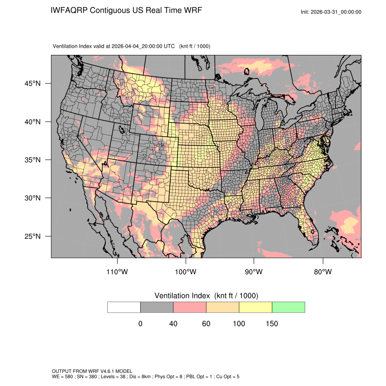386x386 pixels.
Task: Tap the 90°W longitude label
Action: [254, 272]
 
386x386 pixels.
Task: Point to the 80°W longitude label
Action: [322, 272]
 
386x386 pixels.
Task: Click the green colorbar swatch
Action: [288, 307]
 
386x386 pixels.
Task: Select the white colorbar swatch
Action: [124, 307]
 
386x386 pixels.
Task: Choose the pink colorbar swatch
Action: [190, 307]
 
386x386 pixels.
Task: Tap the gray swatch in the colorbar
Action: [157, 307]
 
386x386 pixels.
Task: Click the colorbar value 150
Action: [272, 324]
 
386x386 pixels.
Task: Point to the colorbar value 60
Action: [206, 324]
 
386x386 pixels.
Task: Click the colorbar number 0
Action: [140, 324]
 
